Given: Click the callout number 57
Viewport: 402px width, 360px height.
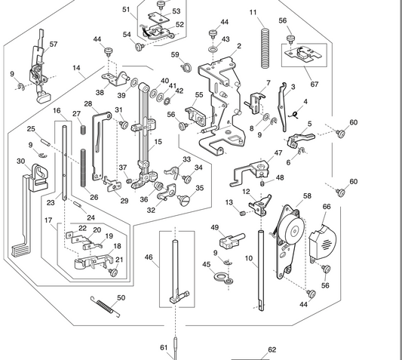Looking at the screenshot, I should [54, 44].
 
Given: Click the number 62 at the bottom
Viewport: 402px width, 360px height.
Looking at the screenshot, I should [272, 349].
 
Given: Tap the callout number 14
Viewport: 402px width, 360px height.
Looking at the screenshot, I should [77, 68].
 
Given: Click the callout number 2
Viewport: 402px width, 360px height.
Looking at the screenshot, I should [239, 46].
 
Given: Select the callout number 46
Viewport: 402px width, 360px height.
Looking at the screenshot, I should [149, 258].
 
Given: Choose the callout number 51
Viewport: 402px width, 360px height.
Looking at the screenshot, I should [126, 9].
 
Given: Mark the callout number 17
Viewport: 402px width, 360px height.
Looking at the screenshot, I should [48, 220].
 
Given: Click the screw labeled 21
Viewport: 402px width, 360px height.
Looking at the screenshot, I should [113, 272].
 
